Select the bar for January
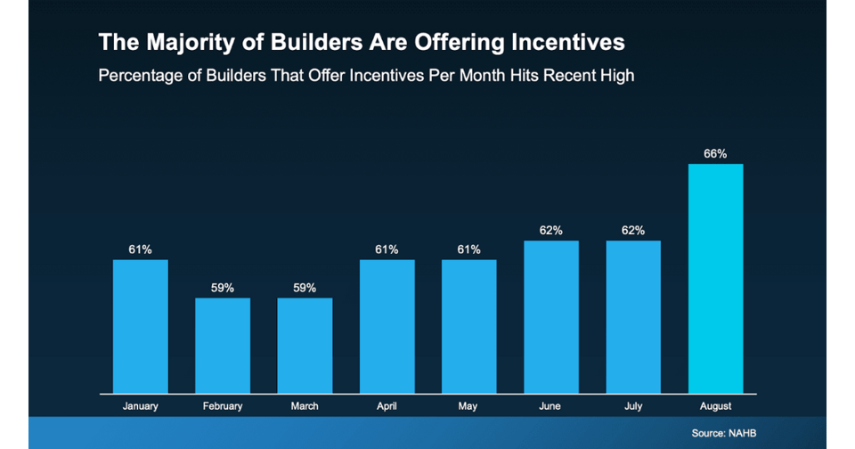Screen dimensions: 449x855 click(x=140, y=326)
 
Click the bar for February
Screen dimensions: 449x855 click(x=223, y=346)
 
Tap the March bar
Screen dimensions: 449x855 click(x=305, y=346)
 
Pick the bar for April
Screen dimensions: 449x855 click(x=387, y=326)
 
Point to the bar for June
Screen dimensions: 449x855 click(x=551, y=317)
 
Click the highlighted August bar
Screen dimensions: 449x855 click(x=715, y=278)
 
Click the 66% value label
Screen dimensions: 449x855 click(x=715, y=154)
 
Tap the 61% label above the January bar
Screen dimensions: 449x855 click(x=140, y=249)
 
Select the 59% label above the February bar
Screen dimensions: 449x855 click(x=223, y=288)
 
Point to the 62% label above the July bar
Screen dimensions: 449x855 click(x=633, y=231)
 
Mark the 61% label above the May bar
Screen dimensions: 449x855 click(x=469, y=249)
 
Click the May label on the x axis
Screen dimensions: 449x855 click(x=469, y=406)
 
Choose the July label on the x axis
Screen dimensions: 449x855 click(x=633, y=406)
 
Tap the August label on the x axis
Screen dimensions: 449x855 click(x=715, y=406)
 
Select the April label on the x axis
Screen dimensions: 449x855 click(x=387, y=406)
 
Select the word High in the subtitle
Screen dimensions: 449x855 click(x=615, y=76)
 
